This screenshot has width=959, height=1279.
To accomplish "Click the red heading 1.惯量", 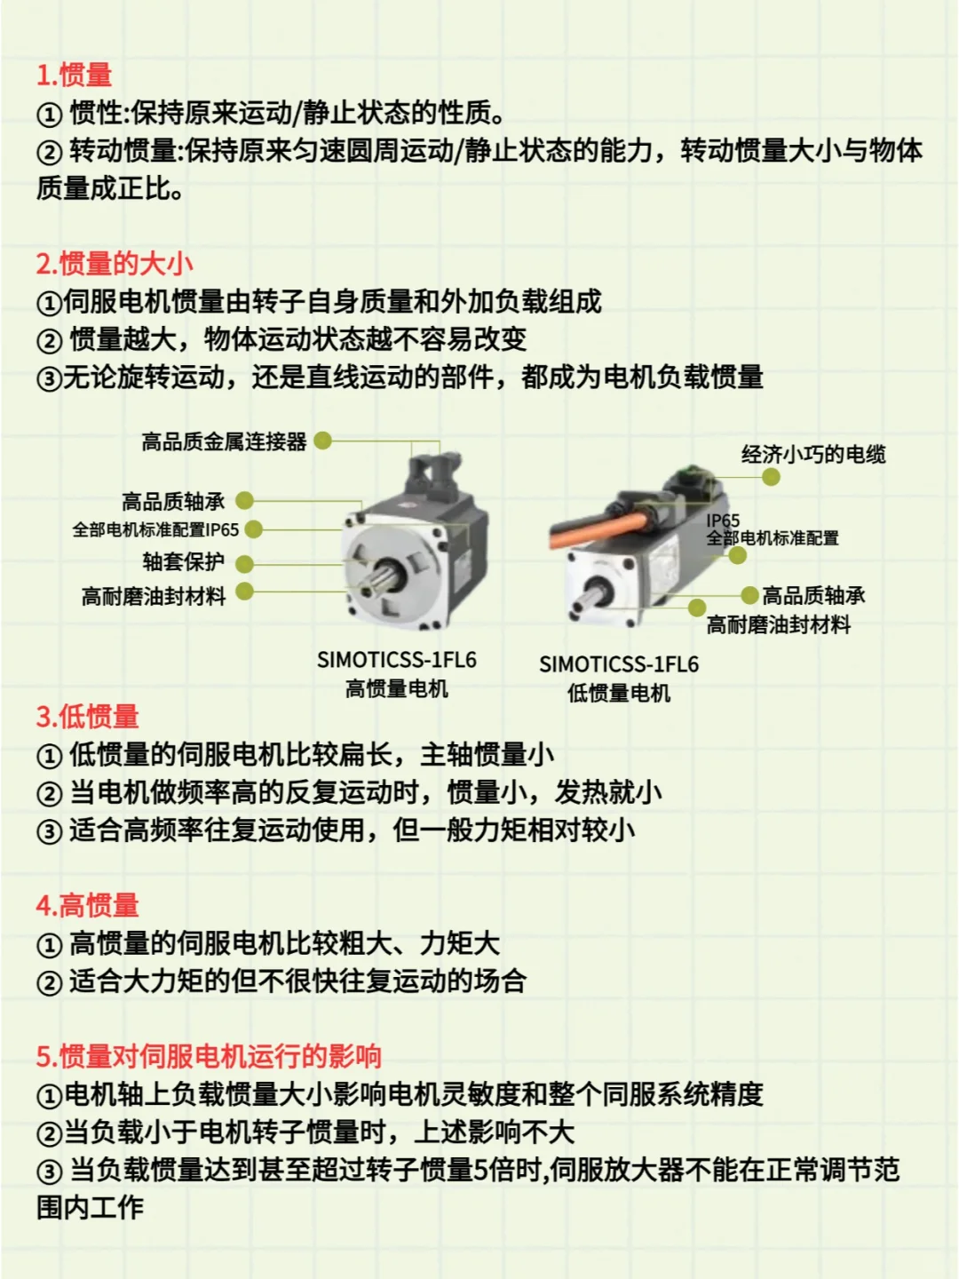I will (75, 75).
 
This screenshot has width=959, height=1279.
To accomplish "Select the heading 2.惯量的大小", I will (115, 264).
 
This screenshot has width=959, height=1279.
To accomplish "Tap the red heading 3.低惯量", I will (88, 717).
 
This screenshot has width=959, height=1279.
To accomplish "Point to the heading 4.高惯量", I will (88, 906).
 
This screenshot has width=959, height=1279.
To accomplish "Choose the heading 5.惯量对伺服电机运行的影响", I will (209, 1056).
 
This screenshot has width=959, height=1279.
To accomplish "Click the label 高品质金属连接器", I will (224, 441).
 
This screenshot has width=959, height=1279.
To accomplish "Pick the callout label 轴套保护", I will (184, 562).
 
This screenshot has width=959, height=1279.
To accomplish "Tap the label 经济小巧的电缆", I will (813, 455).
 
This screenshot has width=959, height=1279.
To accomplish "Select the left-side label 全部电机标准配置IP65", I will (155, 530).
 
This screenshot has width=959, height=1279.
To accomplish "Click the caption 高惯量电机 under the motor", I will (397, 688).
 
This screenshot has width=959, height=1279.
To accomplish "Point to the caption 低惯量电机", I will (619, 693).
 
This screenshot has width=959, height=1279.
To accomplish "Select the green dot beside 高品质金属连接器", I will (323, 441).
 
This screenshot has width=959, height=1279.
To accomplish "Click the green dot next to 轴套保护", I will (245, 563).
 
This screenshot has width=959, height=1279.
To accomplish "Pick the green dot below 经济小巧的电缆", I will (771, 477).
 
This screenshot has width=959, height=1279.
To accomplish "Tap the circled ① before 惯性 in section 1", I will (49, 115).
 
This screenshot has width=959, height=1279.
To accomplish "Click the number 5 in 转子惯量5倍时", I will (481, 1170).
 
